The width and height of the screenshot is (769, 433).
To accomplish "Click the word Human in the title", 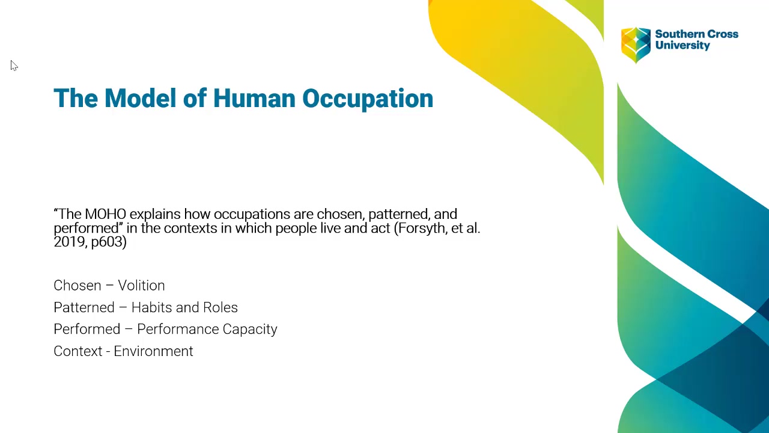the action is click(254, 98).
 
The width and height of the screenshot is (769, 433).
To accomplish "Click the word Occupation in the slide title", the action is click(368, 100).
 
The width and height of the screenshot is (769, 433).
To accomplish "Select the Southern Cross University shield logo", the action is click(636, 45).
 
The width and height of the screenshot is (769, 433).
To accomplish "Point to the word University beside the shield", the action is click(682, 45).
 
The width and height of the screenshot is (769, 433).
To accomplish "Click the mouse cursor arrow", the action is click(14, 66).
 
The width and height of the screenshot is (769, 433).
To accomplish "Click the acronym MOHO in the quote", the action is click(105, 214).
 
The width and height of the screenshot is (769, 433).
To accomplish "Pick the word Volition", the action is click(141, 286).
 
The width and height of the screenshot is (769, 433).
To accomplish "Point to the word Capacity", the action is click(250, 330).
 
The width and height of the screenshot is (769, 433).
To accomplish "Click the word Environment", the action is click(153, 351).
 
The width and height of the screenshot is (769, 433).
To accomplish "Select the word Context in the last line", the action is click(78, 351).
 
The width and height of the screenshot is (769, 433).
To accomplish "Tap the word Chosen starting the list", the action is click(78, 286).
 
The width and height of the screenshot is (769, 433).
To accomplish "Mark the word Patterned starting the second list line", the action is click(84, 307).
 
